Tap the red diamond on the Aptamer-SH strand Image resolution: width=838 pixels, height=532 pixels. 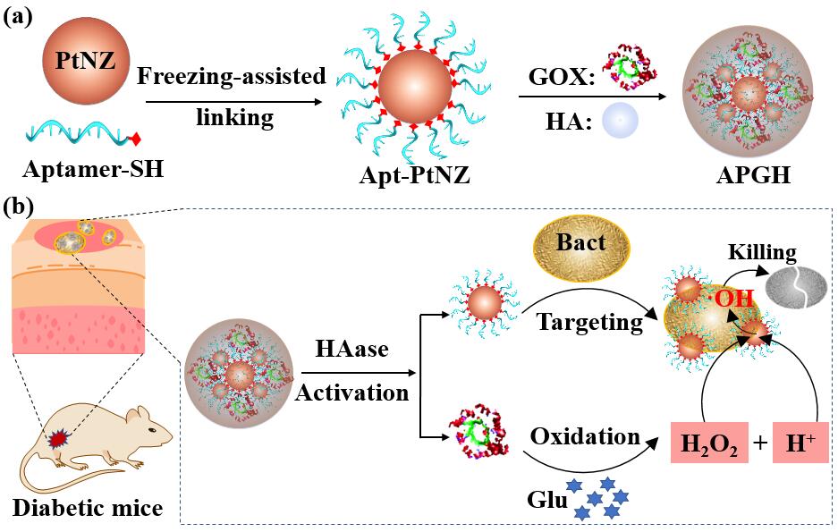point(136,139)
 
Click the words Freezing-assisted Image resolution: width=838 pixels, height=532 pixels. point(231,77)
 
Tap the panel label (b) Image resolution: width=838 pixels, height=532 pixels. point(19,207)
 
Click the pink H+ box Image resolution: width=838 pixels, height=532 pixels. point(795,443)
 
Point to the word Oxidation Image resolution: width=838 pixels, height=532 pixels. point(586,437)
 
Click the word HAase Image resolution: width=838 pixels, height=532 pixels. point(351,350)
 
